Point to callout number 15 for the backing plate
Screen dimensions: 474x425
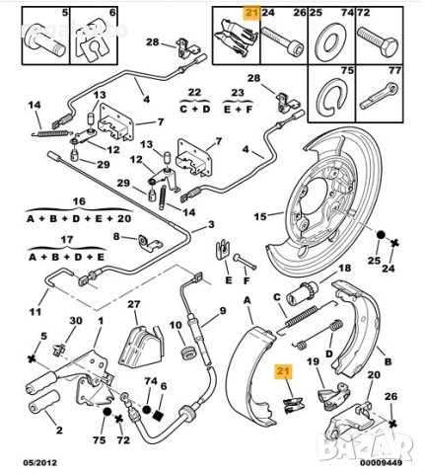coord(260,216)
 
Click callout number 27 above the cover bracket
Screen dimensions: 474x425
coord(134,305)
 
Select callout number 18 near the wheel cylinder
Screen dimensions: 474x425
coord(344,269)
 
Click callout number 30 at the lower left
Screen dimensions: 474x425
coord(77,322)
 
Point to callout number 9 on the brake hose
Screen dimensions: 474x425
coord(222,312)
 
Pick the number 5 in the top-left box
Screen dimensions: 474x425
coord(65,13)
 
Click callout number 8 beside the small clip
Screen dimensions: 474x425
coord(116,237)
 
